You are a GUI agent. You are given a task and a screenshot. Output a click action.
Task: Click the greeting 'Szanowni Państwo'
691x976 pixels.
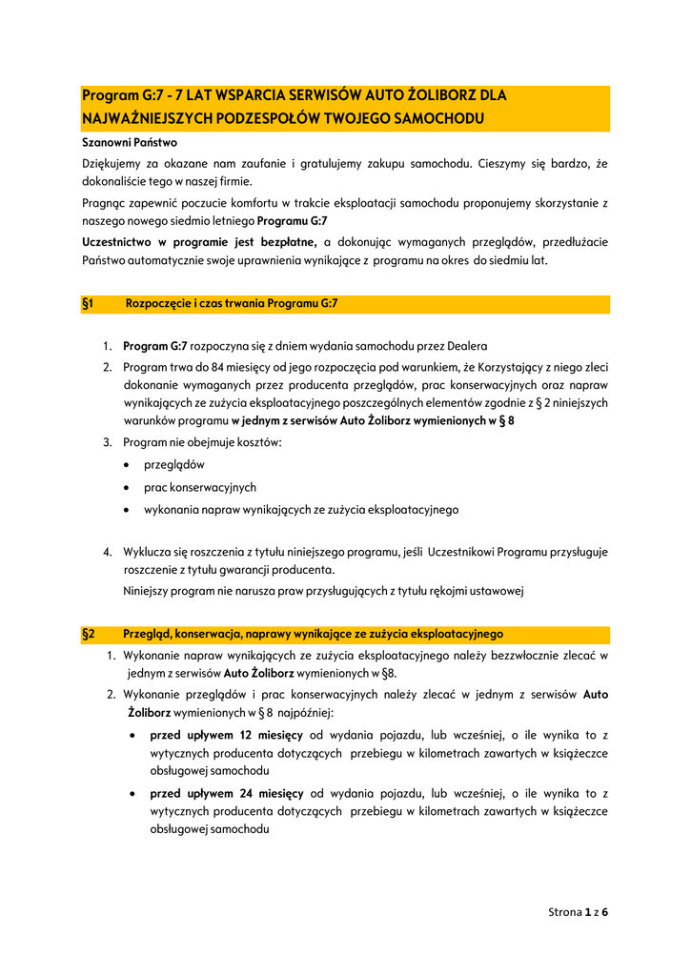coord(122,142)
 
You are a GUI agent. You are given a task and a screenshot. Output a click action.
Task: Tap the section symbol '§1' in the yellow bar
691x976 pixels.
coord(87,304)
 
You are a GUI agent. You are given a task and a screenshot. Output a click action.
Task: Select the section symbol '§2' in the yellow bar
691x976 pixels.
coord(88,634)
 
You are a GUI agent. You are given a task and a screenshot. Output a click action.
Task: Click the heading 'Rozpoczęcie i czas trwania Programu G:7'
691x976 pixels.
coord(232,304)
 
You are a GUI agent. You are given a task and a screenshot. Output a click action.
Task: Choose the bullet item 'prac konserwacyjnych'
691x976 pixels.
coord(200,487)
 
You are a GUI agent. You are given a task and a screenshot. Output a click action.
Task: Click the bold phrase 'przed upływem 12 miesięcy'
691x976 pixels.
coord(227,735)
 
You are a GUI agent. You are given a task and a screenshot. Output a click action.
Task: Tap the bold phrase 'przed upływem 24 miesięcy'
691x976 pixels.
coord(227,793)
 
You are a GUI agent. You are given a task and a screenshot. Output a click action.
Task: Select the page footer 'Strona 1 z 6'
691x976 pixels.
coord(579,912)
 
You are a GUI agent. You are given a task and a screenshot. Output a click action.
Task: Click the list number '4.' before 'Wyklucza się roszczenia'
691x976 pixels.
coord(108,552)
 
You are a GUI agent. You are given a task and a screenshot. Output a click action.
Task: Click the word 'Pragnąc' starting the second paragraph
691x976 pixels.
coord(104,203)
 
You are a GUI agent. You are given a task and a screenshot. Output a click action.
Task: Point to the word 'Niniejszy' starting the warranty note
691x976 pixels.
coord(149,591)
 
